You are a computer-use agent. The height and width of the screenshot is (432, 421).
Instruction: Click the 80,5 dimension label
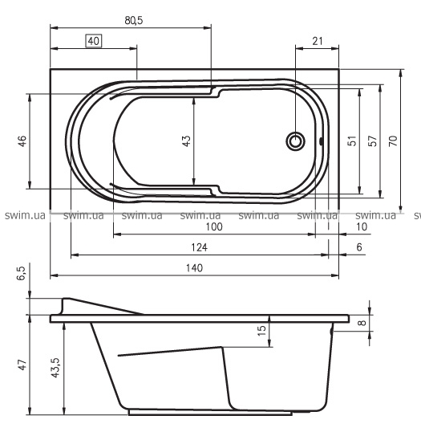click(x=134, y=20)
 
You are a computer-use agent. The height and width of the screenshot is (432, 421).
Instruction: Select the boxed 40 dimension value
click(x=94, y=41)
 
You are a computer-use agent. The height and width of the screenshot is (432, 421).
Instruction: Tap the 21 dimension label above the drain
click(x=318, y=41)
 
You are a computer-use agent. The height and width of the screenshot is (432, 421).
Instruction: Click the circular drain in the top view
click(x=295, y=141)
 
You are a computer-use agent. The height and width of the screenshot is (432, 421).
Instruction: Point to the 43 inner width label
click(x=186, y=141)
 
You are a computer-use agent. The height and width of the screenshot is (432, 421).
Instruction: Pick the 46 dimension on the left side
click(x=22, y=141)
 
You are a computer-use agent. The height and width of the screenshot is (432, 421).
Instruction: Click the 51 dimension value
click(x=352, y=141)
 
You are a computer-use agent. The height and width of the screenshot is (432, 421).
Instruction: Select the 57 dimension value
click(x=372, y=141)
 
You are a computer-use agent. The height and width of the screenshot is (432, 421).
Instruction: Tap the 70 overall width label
click(x=393, y=141)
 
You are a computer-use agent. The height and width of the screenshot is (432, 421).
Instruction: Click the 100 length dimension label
click(x=214, y=226)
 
